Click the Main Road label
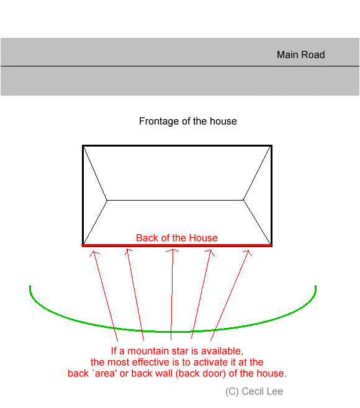(300, 55)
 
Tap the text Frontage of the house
(188, 121)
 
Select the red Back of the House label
(177, 238)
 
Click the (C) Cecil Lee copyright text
(254, 391)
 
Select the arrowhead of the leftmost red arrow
(94, 251)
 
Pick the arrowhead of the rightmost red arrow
(248, 251)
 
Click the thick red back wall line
(177, 245)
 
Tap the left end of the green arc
(30, 286)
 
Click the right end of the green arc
(315, 286)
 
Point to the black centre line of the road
(180, 66)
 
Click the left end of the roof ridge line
(107, 201)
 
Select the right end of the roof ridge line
(243, 200)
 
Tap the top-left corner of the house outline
(83, 146)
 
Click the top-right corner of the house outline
(272, 146)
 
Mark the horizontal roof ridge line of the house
(175, 201)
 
